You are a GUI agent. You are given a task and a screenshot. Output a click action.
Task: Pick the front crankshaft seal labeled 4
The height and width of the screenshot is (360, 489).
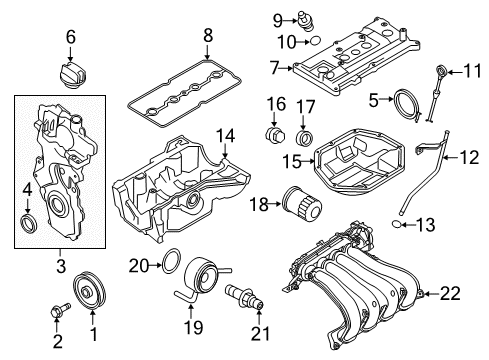29,219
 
